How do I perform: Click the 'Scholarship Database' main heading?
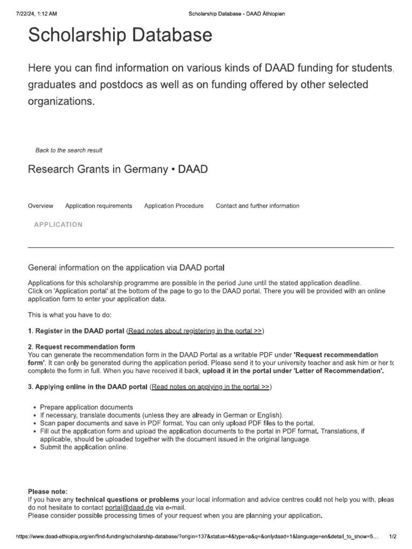coord(120,36)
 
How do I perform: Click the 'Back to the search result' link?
coord(69,150)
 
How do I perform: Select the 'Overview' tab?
coord(40,206)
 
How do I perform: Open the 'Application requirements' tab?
coord(99,206)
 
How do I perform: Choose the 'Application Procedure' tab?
coord(174,206)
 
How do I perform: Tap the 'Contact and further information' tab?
coord(257,206)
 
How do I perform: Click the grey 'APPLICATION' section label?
coord(58,225)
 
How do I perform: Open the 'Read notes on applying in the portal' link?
coord(210,386)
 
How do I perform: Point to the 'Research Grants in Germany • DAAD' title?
coord(117,169)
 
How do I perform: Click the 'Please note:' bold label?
coord(48,491)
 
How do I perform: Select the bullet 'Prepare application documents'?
coord(86,407)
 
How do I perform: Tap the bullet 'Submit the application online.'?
coord(84,448)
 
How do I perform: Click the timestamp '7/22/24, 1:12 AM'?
coord(37,13)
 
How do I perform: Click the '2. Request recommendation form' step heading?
coord(82,347)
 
